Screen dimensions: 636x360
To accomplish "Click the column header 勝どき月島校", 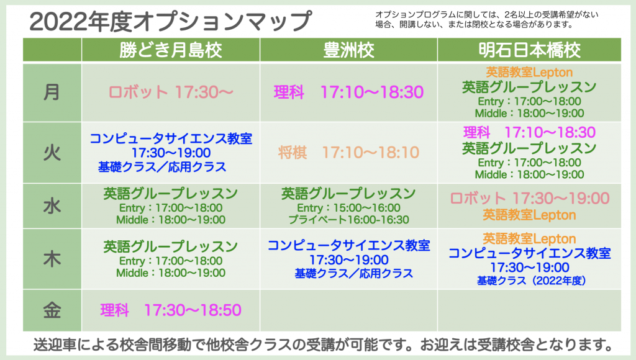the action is (170, 50).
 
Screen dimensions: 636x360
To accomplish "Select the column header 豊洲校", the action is (348, 50).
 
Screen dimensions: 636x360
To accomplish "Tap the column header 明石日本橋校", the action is (529, 50).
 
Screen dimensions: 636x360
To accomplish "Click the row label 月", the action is (52, 92).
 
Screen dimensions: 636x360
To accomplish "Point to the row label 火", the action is (52, 153).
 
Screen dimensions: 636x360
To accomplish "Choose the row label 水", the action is (52, 206).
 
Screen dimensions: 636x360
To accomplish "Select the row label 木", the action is (52, 259).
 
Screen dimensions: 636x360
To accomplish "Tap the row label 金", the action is (52, 310).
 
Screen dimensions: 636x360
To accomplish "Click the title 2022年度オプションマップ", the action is (171, 21).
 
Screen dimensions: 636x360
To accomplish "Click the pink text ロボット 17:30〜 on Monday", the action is (171, 92).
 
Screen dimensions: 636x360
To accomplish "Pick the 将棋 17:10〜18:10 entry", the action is (348, 153).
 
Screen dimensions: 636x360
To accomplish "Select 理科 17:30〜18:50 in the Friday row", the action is (171, 310).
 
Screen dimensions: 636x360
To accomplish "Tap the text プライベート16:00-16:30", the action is (348, 220).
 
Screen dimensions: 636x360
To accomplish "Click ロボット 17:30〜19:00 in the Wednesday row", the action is (529, 198).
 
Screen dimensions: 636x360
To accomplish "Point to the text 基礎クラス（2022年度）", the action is (532, 281).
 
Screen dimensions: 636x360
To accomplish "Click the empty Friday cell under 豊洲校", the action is (348, 310).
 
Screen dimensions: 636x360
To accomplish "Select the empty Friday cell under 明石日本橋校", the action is (529, 310).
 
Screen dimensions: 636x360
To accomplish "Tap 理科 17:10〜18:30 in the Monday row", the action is (348, 92).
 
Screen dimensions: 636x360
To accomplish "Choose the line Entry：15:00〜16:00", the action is (348, 208).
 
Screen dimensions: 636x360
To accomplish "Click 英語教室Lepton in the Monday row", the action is (529, 72).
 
